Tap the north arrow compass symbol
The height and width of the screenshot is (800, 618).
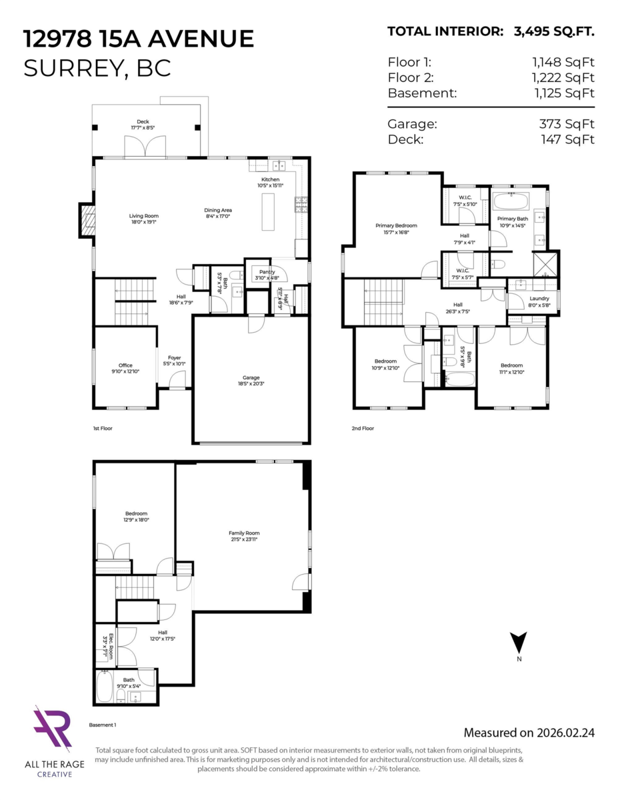click(x=518, y=644)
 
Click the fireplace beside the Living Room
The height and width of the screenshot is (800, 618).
click(x=86, y=220)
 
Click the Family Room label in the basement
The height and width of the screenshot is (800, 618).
click(x=243, y=536)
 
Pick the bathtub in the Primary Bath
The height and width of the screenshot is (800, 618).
click(x=510, y=201)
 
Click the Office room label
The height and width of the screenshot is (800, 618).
click(x=125, y=368)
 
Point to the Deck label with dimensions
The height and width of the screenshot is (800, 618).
click(x=143, y=125)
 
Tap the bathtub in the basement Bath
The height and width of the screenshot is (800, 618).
click(x=105, y=686)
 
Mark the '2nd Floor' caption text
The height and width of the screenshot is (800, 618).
click(x=363, y=429)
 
